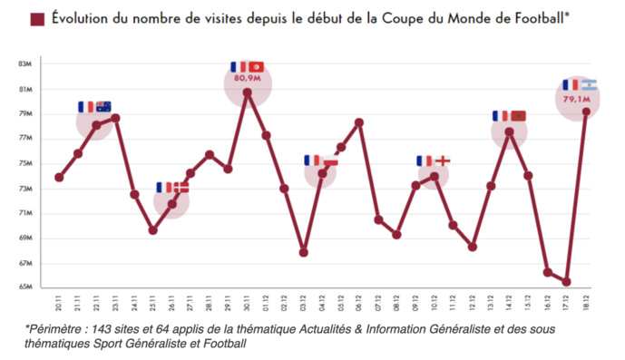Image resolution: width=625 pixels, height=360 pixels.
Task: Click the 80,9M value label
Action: [247, 80]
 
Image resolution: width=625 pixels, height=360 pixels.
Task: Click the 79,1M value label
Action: [576, 97]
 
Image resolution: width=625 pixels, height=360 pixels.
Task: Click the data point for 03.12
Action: [303, 253]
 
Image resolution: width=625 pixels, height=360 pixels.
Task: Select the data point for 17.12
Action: [567, 282]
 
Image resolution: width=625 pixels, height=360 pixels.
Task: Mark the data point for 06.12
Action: [359, 122]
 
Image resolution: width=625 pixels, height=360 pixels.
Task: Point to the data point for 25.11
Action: [153, 230]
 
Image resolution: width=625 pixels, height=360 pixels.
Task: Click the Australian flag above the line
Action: [103, 106]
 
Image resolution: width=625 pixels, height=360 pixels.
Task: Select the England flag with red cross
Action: [443, 161]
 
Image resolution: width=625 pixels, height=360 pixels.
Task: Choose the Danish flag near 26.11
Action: [181, 187]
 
